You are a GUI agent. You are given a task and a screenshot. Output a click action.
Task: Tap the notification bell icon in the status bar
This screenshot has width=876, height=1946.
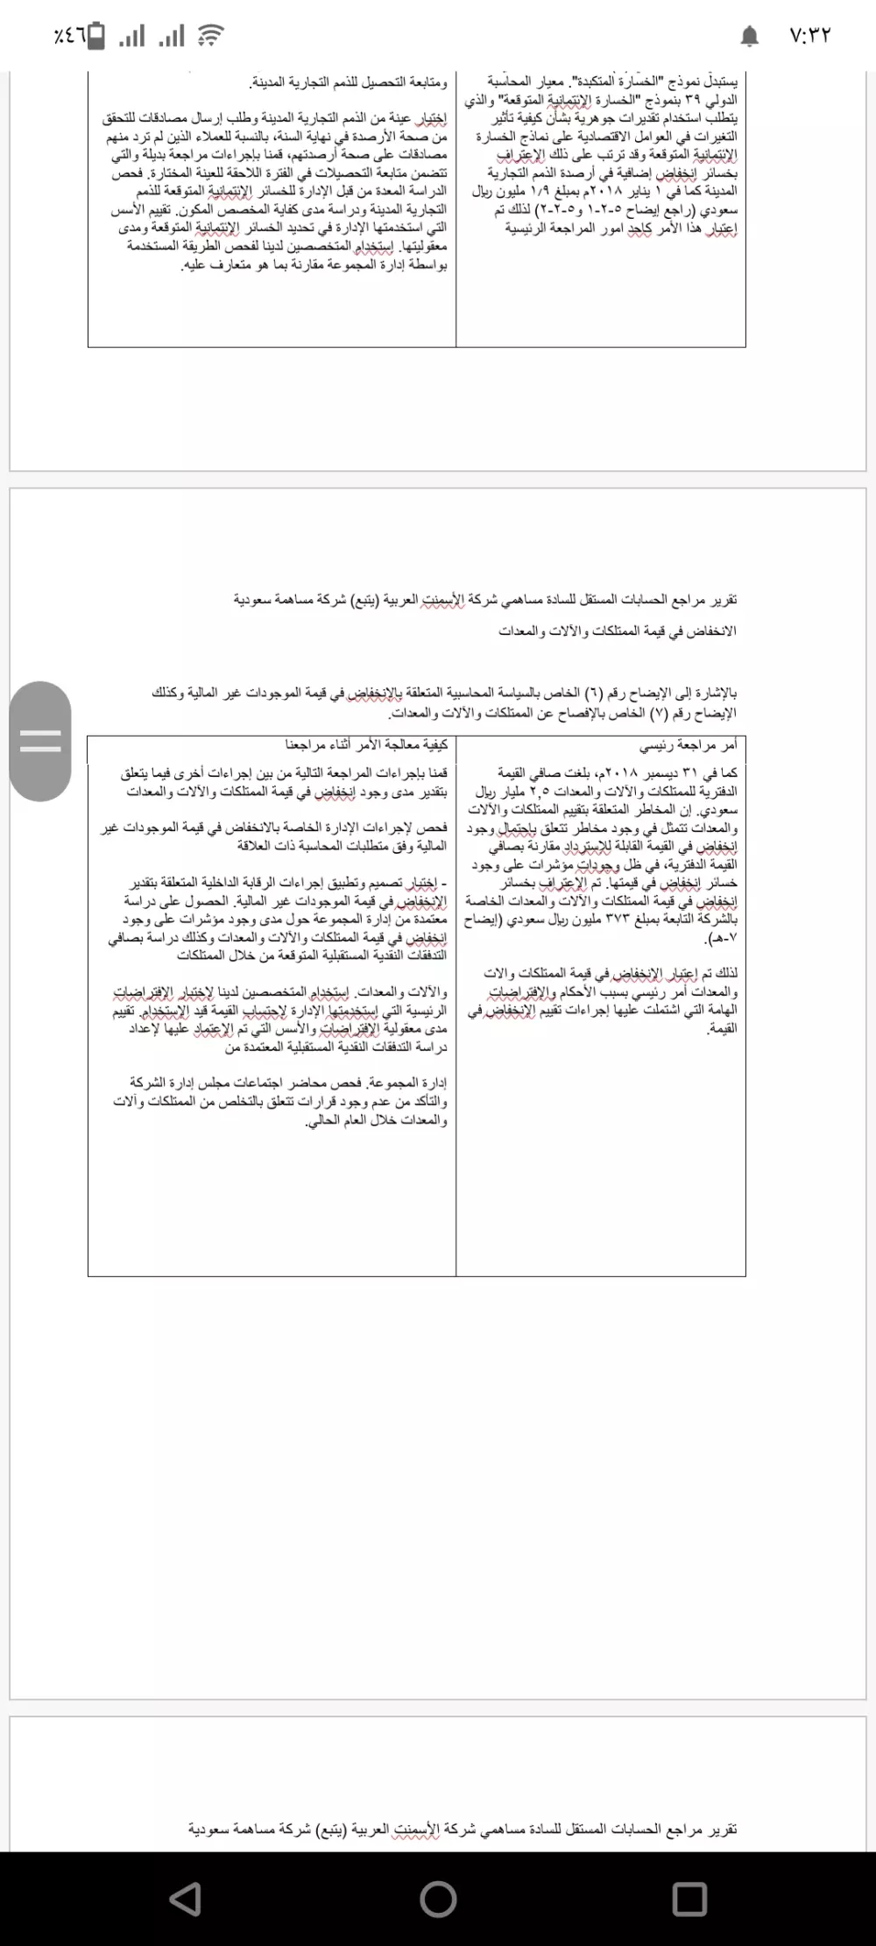[750, 36]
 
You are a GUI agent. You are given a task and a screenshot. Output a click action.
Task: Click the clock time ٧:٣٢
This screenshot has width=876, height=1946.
[809, 36]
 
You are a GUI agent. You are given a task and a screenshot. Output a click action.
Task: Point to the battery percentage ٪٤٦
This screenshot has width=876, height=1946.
[69, 36]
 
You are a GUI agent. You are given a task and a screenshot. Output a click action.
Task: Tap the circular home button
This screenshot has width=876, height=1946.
[438, 1898]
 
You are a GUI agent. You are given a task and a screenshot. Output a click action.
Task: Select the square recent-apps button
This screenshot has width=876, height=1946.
[689, 1898]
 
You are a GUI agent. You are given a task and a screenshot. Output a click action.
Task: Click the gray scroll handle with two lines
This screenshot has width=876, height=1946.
[40, 741]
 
